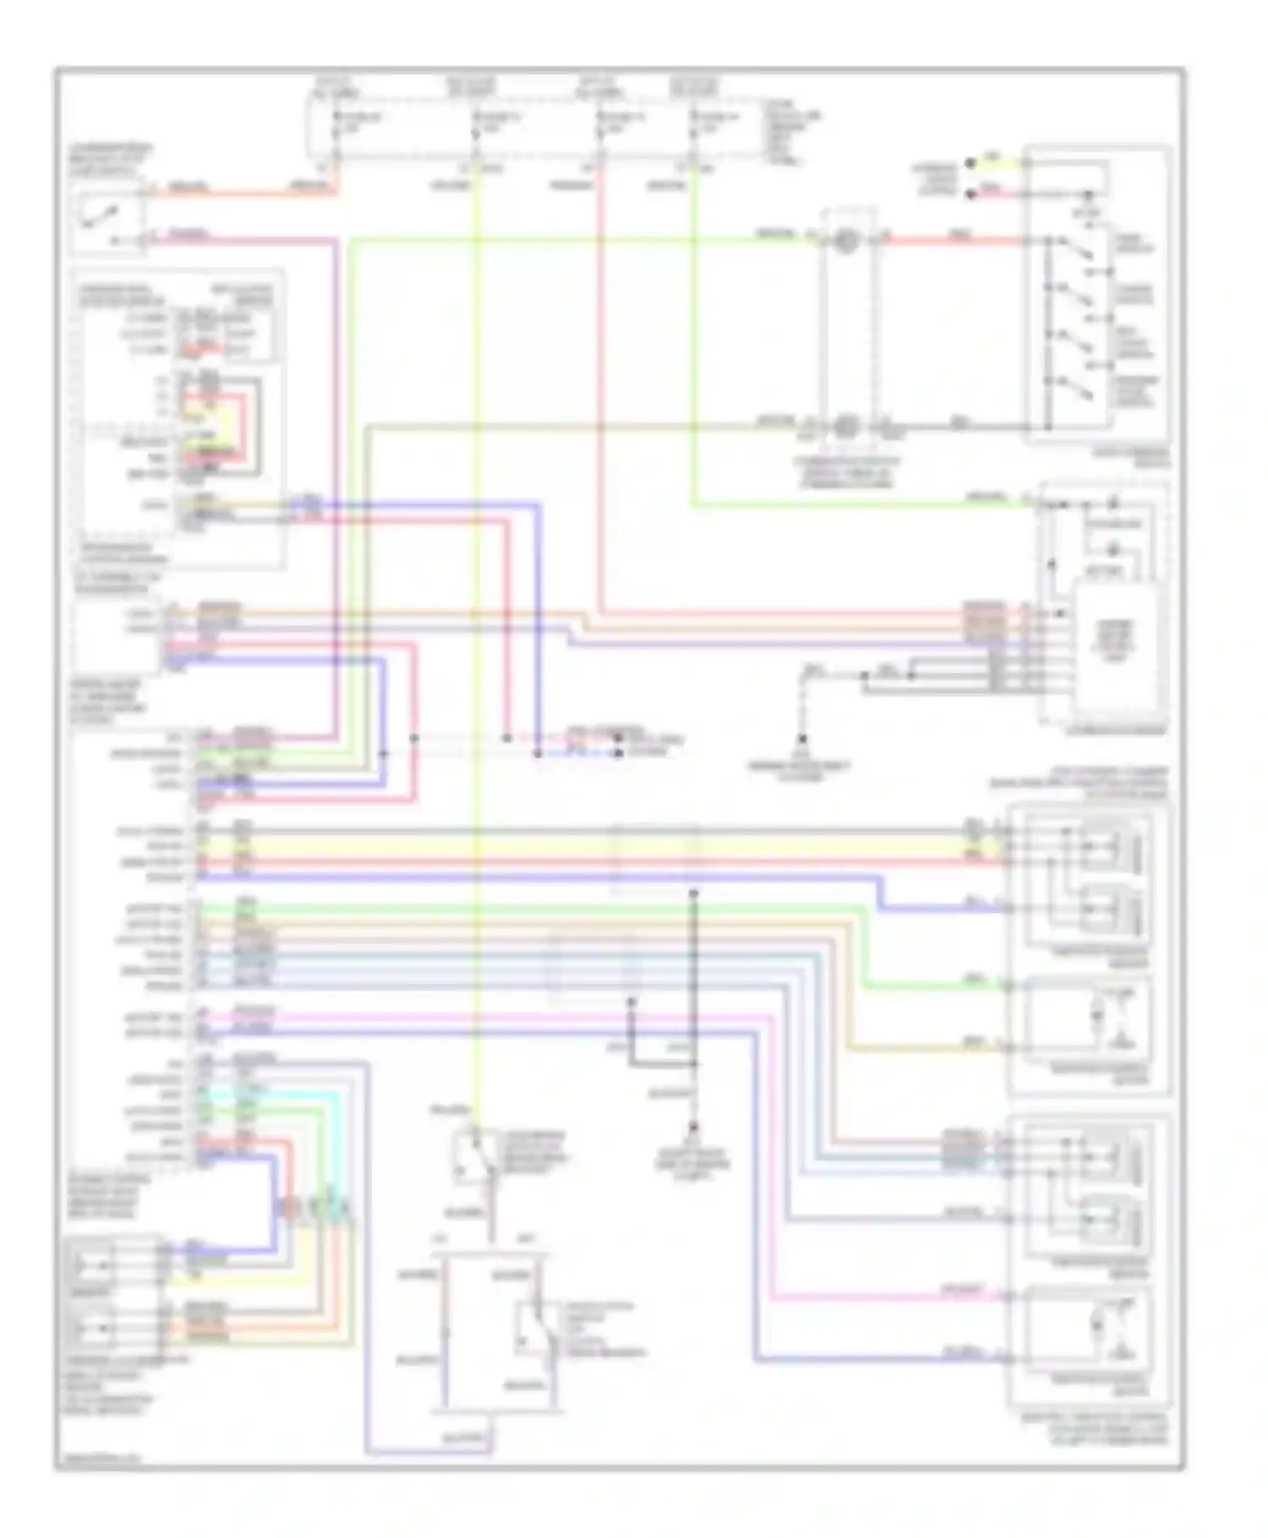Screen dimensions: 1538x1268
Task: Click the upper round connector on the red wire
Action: point(844,241)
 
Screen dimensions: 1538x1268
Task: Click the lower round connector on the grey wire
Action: point(844,426)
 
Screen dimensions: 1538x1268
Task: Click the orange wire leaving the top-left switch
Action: point(245,193)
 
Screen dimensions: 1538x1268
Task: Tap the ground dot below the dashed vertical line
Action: point(801,739)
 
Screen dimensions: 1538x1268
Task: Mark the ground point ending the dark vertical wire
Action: point(693,1127)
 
